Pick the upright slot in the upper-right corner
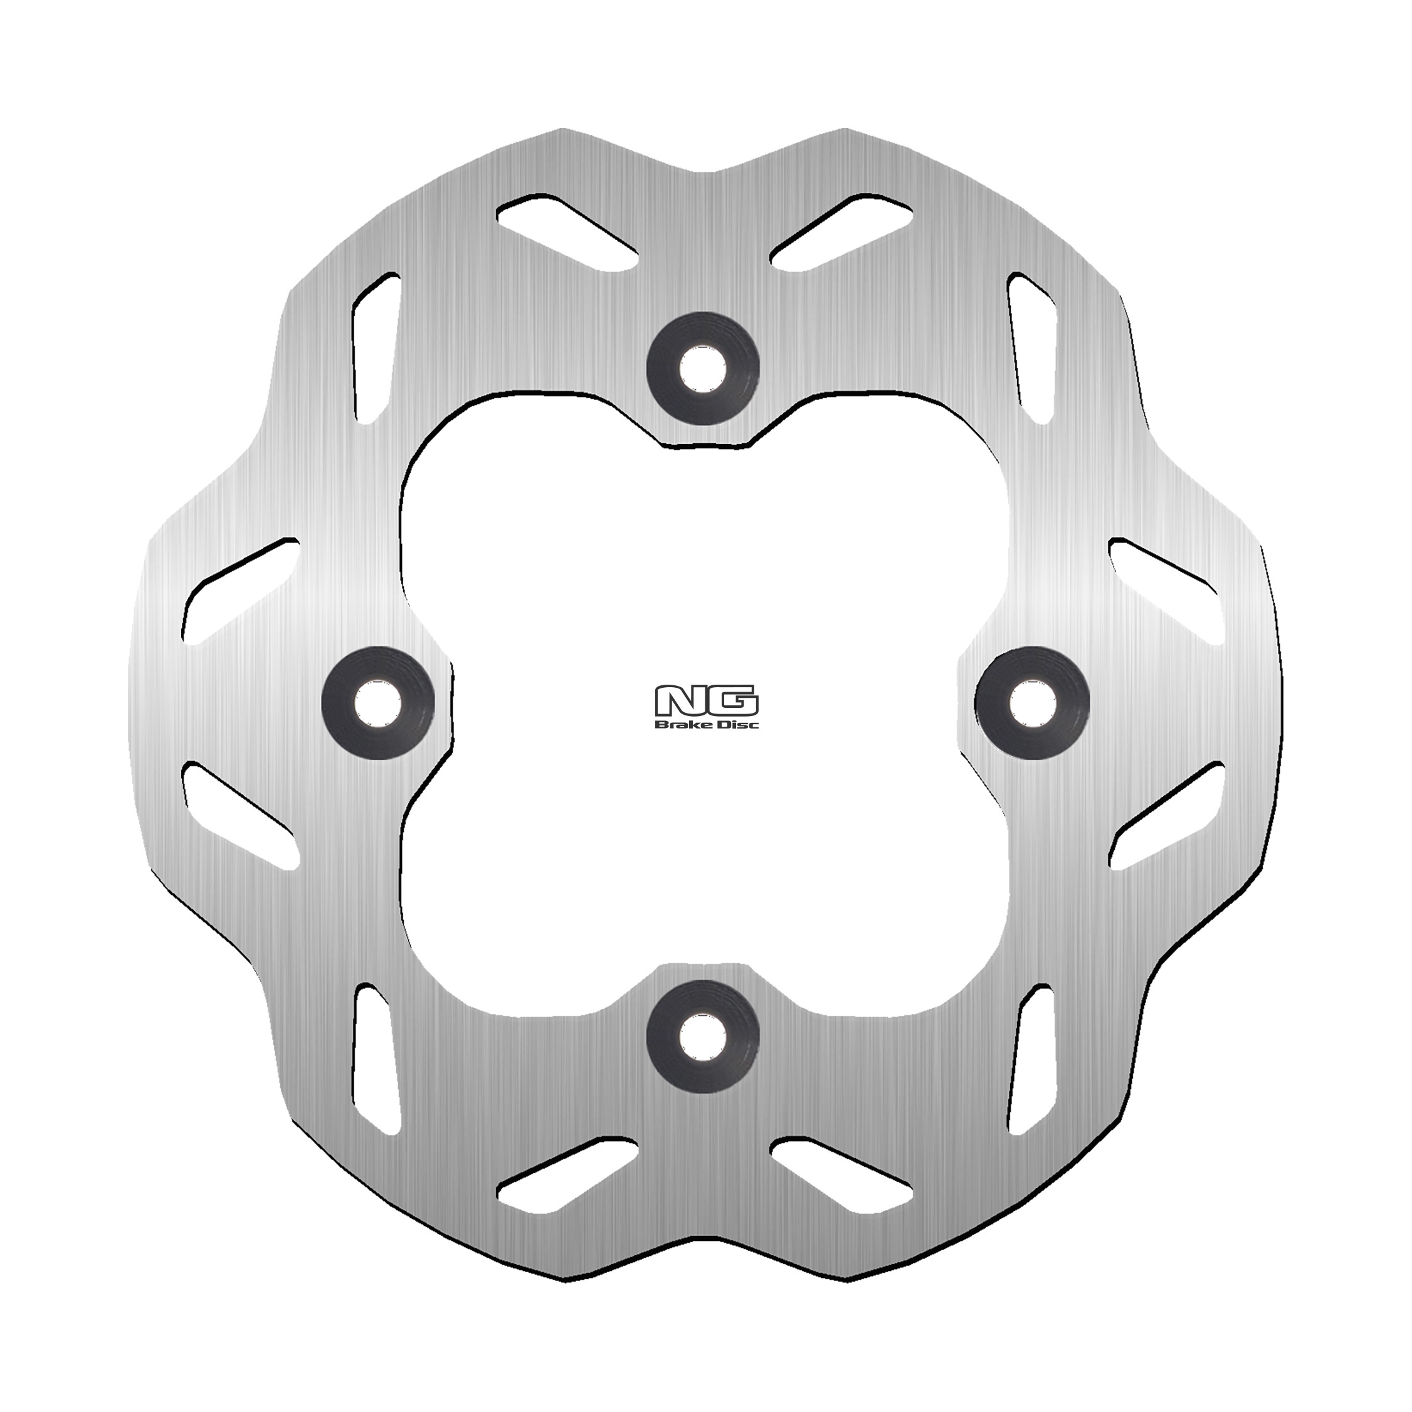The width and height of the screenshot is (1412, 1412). tap(1032, 348)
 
